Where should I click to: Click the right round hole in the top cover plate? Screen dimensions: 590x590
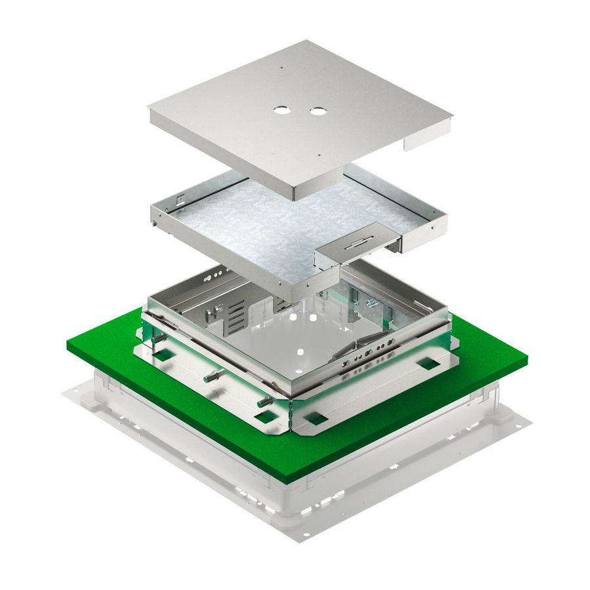(318, 112)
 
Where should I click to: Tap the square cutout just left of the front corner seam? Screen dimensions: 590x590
(265, 417)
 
